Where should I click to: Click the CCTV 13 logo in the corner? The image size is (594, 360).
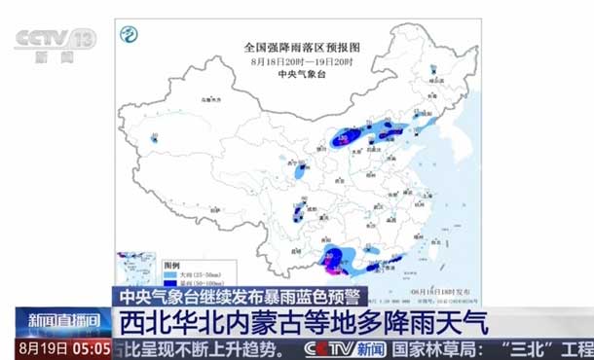tap(56, 41)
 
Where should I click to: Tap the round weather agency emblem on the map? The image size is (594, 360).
tap(129, 35)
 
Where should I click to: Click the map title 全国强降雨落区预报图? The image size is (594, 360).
tap(302, 47)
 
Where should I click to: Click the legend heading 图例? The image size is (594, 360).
tap(171, 265)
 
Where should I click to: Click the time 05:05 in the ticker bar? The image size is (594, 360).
tap(89, 347)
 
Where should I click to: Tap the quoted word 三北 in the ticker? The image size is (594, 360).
tap(531, 348)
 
